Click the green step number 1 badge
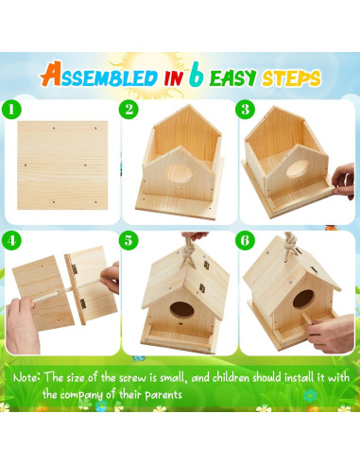12,110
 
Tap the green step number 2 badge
129,110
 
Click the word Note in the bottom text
27,377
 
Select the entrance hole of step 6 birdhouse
300,301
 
